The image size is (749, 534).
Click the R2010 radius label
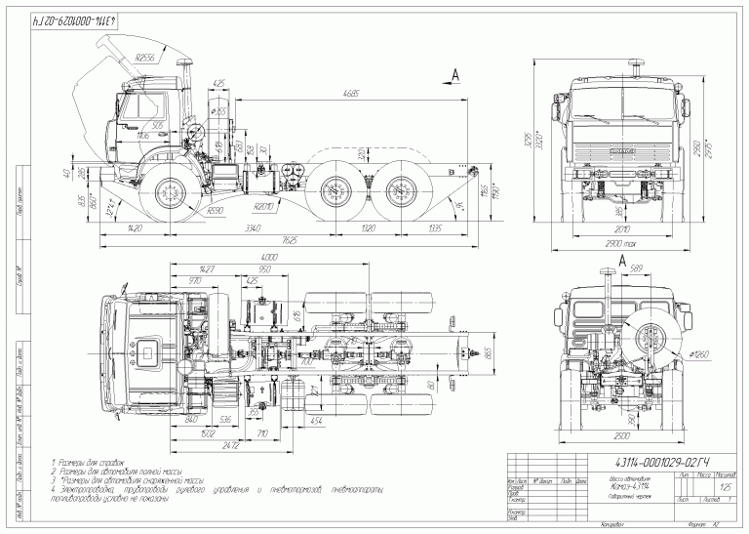pos(264,208)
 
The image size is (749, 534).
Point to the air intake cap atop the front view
pos(639,65)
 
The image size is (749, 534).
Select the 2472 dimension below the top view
pos(230,445)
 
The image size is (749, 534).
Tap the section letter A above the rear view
pos(622,259)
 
